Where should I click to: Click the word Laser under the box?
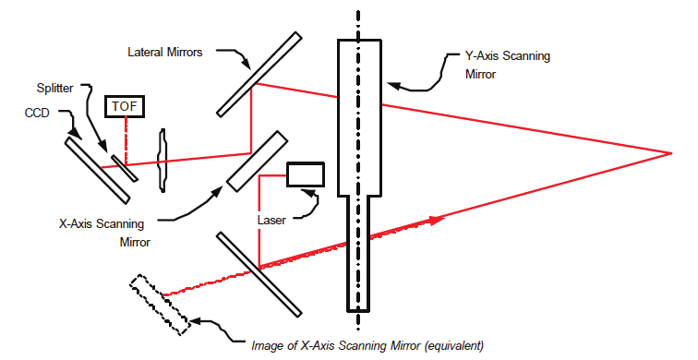[x=273, y=221]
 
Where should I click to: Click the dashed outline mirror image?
[x=162, y=302]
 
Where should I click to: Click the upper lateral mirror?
[x=259, y=75]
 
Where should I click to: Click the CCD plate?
[x=97, y=168]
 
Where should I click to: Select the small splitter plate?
[x=122, y=167]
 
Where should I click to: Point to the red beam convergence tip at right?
[x=669, y=152]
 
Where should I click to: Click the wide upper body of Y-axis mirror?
[x=359, y=115]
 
